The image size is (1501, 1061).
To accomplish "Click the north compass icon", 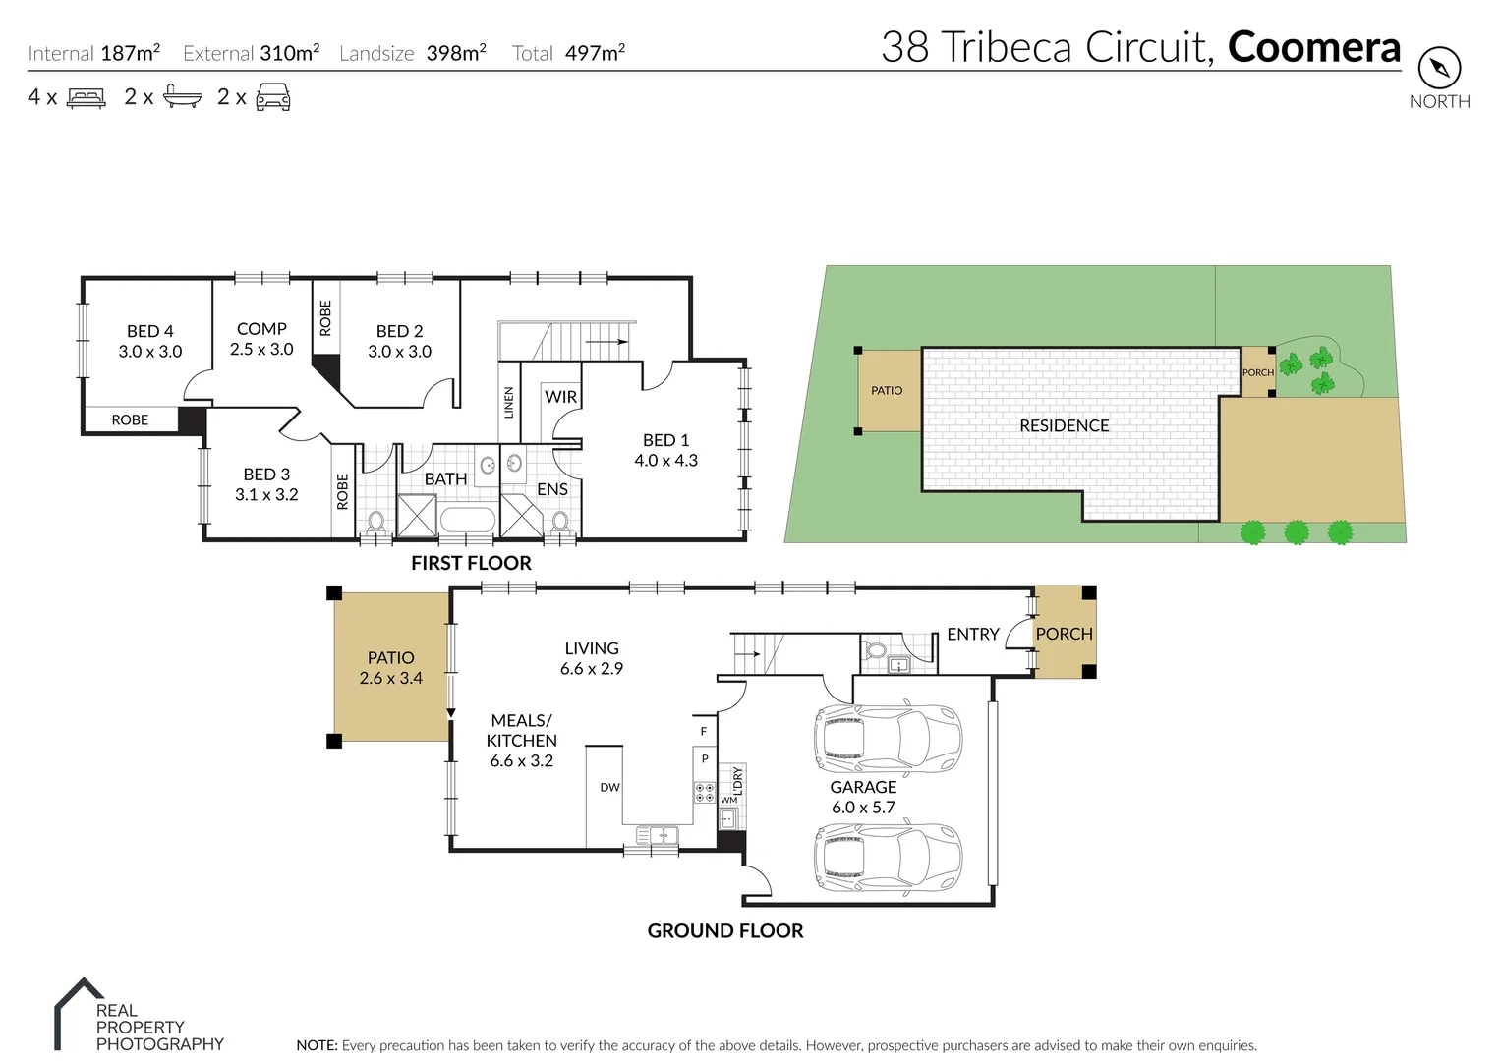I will (x=1439, y=69).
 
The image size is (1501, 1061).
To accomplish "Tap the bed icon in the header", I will (x=87, y=97).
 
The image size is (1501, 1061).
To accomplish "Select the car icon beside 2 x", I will (x=273, y=97).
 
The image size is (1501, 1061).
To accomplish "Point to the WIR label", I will (x=560, y=397).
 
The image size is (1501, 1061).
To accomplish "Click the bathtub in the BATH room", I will (x=467, y=521).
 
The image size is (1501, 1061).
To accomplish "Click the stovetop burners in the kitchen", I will (x=705, y=792).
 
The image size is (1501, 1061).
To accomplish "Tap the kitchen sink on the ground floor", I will (x=658, y=836).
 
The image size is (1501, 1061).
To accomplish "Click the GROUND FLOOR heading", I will (x=725, y=931).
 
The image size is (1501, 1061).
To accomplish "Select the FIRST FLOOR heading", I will (x=471, y=563).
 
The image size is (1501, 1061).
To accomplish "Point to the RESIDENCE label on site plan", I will (x=1064, y=425).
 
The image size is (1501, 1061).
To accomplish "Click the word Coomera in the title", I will (x=1313, y=47).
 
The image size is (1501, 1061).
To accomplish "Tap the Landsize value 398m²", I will (x=456, y=53).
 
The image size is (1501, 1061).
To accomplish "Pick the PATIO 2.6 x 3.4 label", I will (x=390, y=668).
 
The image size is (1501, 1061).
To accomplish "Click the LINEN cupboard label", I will (x=508, y=403).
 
